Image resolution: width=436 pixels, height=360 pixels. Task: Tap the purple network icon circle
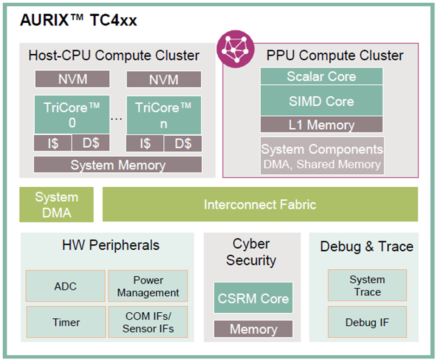click(236, 49)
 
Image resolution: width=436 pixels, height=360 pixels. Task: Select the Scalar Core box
click(321, 76)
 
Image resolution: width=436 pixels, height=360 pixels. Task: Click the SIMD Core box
click(321, 101)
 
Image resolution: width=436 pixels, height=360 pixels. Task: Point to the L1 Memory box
click(321, 124)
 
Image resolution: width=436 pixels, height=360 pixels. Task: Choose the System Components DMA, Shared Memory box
click(322, 156)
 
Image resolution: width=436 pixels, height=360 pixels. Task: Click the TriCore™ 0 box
click(72, 115)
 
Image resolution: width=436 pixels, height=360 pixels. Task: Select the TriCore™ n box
click(164, 115)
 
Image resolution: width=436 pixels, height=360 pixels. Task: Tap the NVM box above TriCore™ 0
click(72, 79)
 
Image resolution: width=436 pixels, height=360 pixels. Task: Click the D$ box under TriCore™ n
click(183, 144)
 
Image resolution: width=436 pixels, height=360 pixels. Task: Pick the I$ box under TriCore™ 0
click(53, 144)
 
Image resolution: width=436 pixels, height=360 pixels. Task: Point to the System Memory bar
click(118, 165)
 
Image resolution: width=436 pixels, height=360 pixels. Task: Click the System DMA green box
click(56, 204)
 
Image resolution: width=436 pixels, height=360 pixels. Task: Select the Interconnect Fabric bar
click(260, 204)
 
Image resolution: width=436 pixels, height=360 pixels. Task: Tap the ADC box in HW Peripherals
click(65, 286)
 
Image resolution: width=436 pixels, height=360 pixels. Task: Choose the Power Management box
click(148, 286)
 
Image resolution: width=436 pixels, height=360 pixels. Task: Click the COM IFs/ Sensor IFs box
click(148, 322)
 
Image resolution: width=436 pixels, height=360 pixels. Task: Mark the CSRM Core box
click(253, 298)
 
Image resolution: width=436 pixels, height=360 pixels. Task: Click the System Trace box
click(367, 286)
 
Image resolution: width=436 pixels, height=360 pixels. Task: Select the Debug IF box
click(367, 322)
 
